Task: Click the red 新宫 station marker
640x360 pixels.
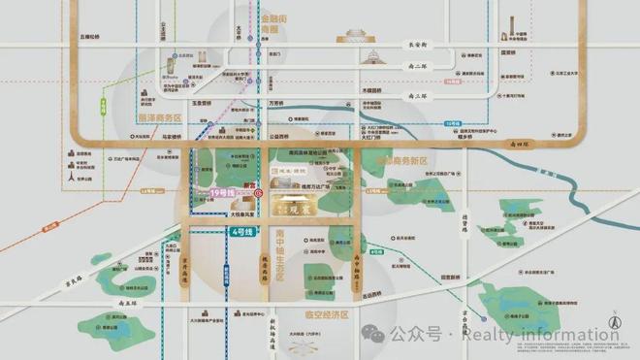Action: (x=258, y=193)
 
